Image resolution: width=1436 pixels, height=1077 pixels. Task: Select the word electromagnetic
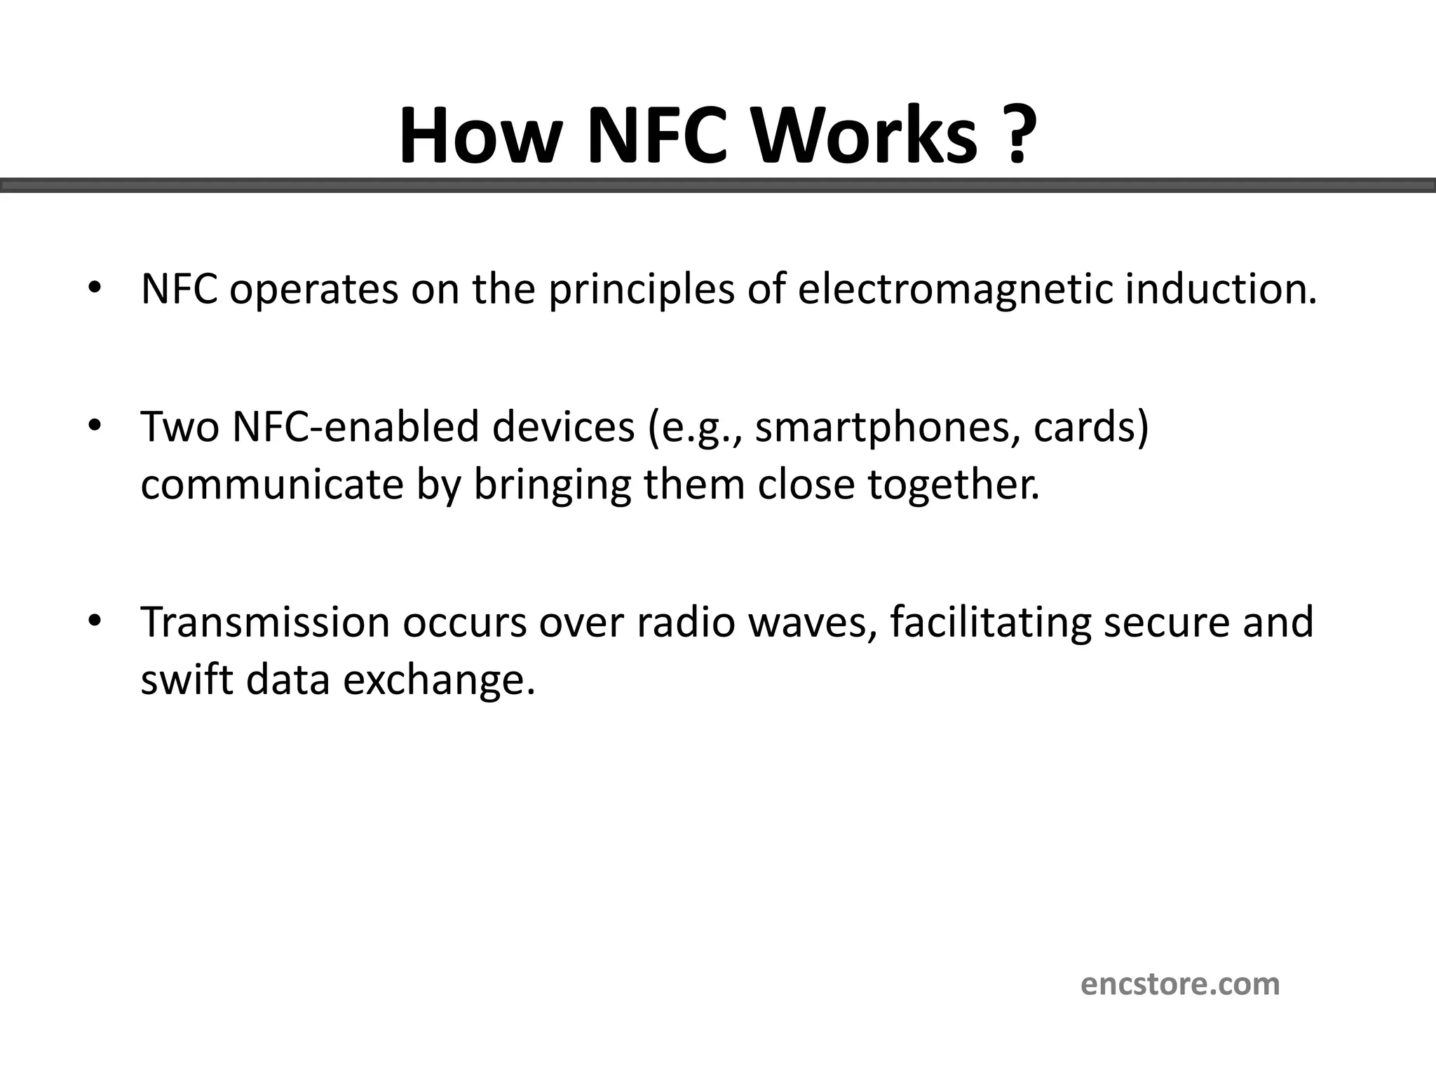(x=955, y=290)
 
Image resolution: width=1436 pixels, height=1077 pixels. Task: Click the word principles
(x=641, y=290)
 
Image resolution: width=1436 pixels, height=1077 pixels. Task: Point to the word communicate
(x=272, y=485)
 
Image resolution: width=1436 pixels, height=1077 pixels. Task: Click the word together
(x=954, y=485)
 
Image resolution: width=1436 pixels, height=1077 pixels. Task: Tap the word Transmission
(x=265, y=622)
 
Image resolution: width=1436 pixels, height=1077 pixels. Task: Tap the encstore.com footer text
(x=1180, y=984)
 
